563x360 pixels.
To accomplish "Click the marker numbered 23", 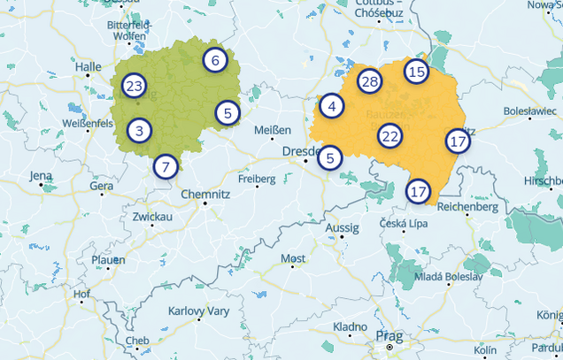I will pyautogui.click(x=134, y=86).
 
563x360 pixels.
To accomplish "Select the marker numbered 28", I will pyautogui.click(x=369, y=82).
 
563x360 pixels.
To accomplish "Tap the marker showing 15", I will pyautogui.click(x=416, y=72).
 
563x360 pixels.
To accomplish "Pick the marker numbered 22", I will pyautogui.click(x=390, y=136).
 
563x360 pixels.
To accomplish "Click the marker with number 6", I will pyautogui.click(x=214, y=60).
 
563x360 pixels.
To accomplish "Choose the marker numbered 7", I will pyautogui.click(x=165, y=166).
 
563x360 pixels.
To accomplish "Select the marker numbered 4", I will pyautogui.click(x=331, y=106).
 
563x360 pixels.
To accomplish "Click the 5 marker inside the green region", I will pyautogui.click(x=228, y=112).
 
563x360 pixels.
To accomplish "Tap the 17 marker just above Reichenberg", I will pyautogui.click(x=418, y=190).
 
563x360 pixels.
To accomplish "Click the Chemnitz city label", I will pyautogui.click(x=205, y=194).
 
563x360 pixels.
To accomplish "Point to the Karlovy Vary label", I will pyautogui.click(x=198, y=311).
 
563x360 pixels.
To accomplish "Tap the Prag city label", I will pyautogui.click(x=389, y=336).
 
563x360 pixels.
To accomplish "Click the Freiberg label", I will pyautogui.click(x=257, y=179).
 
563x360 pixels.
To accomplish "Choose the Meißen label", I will pyautogui.click(x=272, y=130).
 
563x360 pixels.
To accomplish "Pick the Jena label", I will pyautogui.click(x=41, y=176).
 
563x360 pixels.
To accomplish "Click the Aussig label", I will pyautogui.click(x=343, y=228).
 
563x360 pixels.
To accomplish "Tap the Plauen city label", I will pyautogui.click(x=109, y=260).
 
